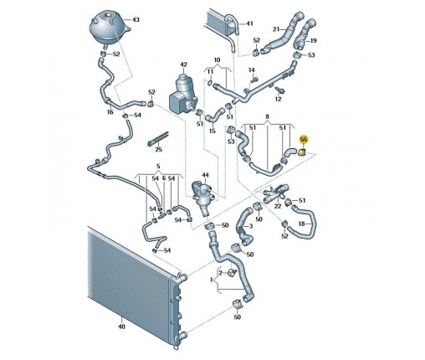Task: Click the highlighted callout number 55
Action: [x=303, y=139]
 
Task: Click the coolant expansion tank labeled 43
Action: [x=109, y=28]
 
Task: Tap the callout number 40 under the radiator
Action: [x=121, y=327]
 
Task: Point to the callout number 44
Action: [x=205, y=175]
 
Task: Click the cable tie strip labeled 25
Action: [x=158, y=139]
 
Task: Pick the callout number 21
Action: [x=276, y=29]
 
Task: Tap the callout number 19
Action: [x=314, y=41]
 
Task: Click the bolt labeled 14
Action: [x=253, y=80]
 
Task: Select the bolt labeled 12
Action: [x=279, y=90]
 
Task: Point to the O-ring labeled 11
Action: [x=210, y=82]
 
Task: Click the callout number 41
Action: [x=249, y=23]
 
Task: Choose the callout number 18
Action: [x=302, y=224]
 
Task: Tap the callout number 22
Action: [x=278, y=206]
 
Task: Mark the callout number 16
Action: [x=110, y=112]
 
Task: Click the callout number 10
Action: [x=218, y=60]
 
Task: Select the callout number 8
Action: [x=268, y=116]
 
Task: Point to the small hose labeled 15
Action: [x=215, y=115]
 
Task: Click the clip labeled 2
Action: [x=232, y=273]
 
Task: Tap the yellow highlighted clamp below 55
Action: [x=302, y=152]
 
